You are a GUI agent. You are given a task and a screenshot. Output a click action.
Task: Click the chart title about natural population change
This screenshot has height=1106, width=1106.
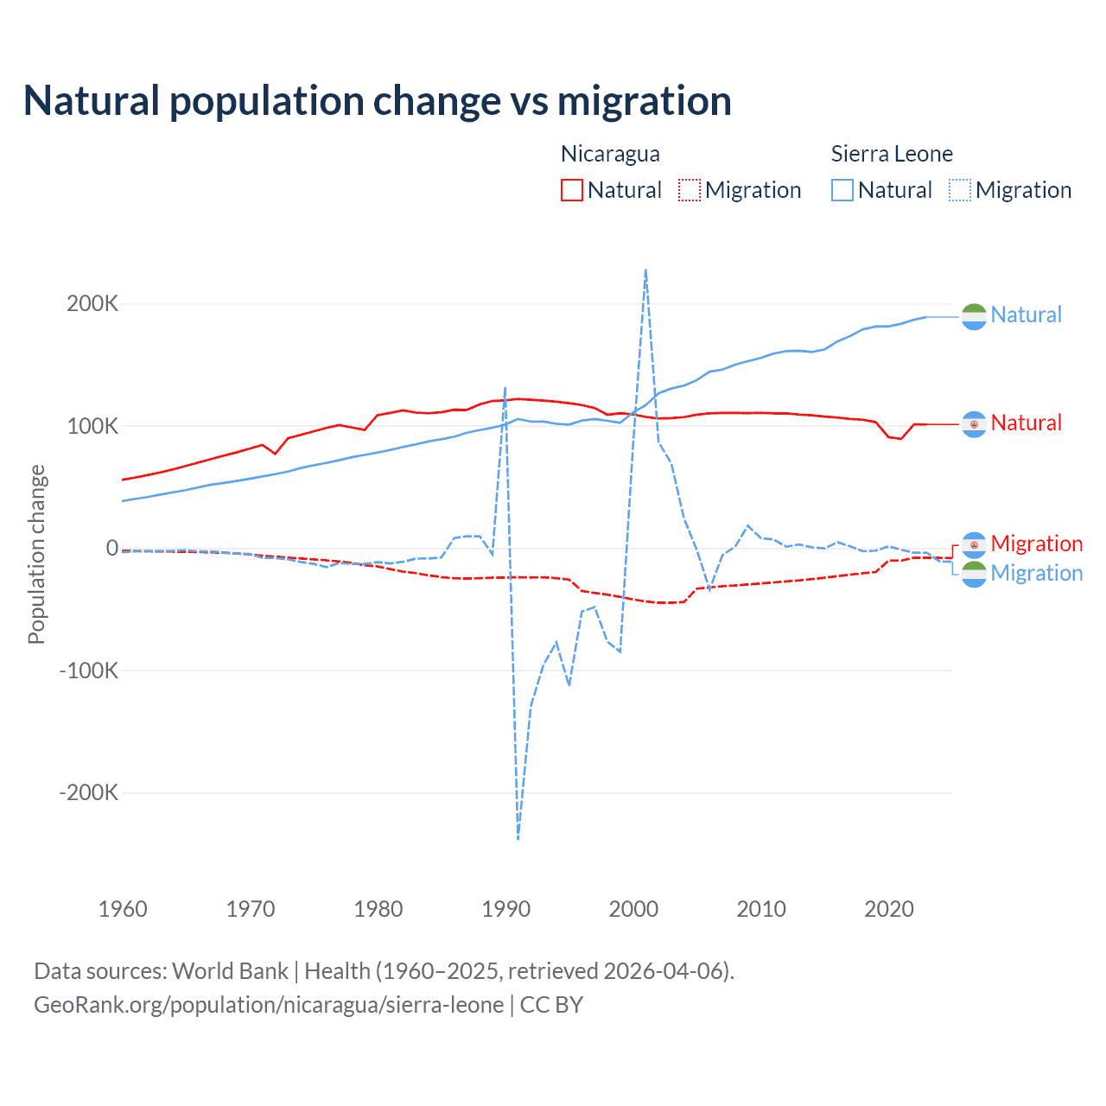[x=378, y=101]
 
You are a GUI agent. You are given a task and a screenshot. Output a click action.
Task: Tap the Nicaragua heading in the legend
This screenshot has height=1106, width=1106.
[x=610, y=154]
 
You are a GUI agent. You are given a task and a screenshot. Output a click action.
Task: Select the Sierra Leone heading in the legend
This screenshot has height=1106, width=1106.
[x=892, y=154]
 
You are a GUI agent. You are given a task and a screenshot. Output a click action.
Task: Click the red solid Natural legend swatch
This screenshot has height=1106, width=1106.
[x=572, y=190]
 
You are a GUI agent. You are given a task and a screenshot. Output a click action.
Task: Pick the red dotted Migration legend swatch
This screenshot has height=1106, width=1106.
[x=690, y=190]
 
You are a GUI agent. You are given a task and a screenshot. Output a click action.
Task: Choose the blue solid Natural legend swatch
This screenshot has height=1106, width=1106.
[x=842, y=190]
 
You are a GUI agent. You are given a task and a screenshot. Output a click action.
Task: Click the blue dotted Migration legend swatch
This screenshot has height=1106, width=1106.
[x=960, y=190]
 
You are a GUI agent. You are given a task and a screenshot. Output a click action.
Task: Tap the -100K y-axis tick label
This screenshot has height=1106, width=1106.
[x=88, y=671]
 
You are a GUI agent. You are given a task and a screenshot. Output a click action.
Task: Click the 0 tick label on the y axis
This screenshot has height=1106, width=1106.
[x=111, y=548]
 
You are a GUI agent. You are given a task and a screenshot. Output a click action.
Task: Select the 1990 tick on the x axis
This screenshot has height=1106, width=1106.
[x=506, y=909]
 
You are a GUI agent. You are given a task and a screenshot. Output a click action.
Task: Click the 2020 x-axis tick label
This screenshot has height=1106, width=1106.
[x=889, y=909]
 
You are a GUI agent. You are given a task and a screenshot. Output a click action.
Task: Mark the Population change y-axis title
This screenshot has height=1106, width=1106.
[x=36, y=554]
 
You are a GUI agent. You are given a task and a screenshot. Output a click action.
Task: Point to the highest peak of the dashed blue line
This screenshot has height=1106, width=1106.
[x=645, y=270]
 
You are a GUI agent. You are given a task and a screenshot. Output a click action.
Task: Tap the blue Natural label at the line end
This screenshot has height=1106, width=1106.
[x=1026, y=315]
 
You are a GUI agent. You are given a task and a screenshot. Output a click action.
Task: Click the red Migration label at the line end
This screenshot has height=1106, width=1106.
[x=1036, y=544]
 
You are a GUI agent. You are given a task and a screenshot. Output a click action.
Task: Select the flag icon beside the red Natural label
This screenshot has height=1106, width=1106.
[x=974, y=424]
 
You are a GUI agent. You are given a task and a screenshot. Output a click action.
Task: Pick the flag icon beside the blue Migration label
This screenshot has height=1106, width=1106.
[x=974, y=575]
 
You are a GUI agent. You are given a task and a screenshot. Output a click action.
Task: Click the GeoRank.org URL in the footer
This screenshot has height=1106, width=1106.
[x=269, y=1005]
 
